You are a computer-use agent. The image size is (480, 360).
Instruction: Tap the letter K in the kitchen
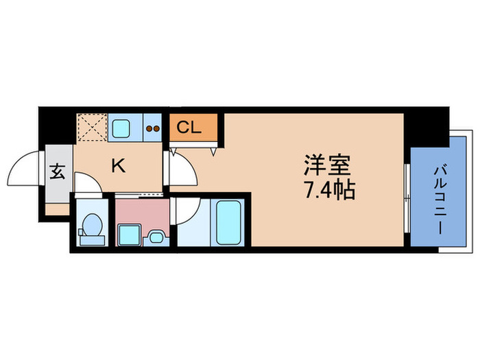click(x=118, y=165)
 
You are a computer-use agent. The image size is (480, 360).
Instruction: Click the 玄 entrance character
click(x=57, y=172)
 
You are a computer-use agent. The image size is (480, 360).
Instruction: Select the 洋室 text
click(x=327, y=166)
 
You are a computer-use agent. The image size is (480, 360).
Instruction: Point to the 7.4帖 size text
click(x=329, y=189)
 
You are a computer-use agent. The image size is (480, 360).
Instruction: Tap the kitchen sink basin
click(x=124, y=128)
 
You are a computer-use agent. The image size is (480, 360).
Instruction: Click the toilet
click(x=91, y=226)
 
